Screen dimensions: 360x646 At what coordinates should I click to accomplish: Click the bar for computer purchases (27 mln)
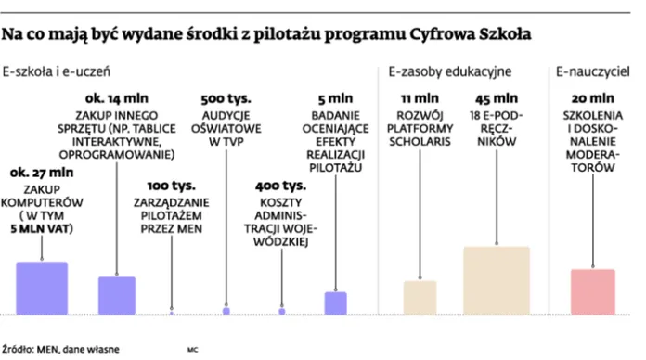pos(42,288)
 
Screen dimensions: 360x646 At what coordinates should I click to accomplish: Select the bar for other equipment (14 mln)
pos(117,295)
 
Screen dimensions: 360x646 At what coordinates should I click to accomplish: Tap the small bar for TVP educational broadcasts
pos(226,311)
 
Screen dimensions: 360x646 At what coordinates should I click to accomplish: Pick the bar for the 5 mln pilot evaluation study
pos(335,302)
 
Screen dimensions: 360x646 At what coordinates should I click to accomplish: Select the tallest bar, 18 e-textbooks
pos(496,280)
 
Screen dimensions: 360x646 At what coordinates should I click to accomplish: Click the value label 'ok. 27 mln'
pos(41,173)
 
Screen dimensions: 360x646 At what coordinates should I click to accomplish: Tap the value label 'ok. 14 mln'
pos(116,97)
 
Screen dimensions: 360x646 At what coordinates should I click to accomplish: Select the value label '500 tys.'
pos(226,97)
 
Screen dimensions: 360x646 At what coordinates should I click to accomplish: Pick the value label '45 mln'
pos(496,97)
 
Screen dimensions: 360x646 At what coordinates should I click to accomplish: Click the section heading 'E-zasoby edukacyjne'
pos(450,71)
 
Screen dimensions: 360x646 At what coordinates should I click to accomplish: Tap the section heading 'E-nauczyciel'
pos(589,71)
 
